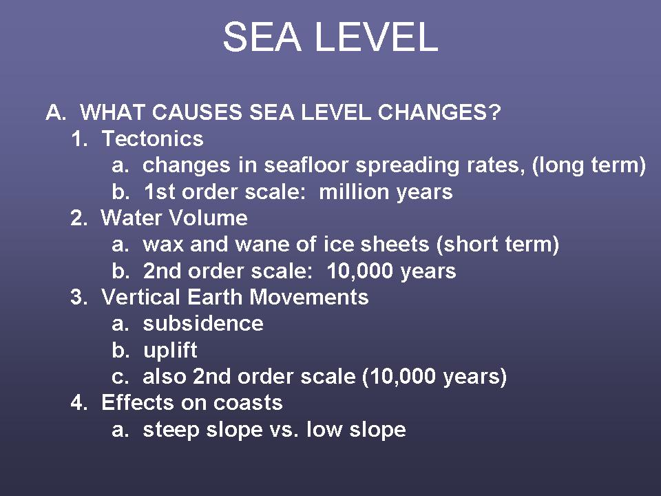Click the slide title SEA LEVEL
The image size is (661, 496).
330,37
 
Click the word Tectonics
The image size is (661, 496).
153,138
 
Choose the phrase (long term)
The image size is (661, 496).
589,165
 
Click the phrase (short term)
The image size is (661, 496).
498,245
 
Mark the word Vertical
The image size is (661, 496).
140,297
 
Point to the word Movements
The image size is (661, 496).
309,297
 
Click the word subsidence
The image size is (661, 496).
203,324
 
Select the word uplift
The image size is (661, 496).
170,350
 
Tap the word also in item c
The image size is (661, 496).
165,376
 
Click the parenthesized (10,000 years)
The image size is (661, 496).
434,377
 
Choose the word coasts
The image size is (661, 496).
248,403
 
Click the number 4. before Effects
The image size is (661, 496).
79,402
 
